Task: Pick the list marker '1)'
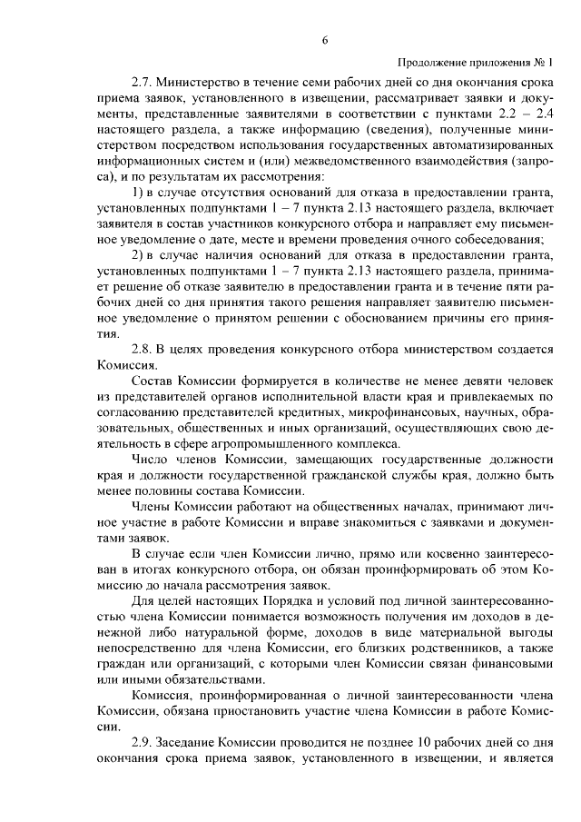139,193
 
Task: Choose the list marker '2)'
139,254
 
